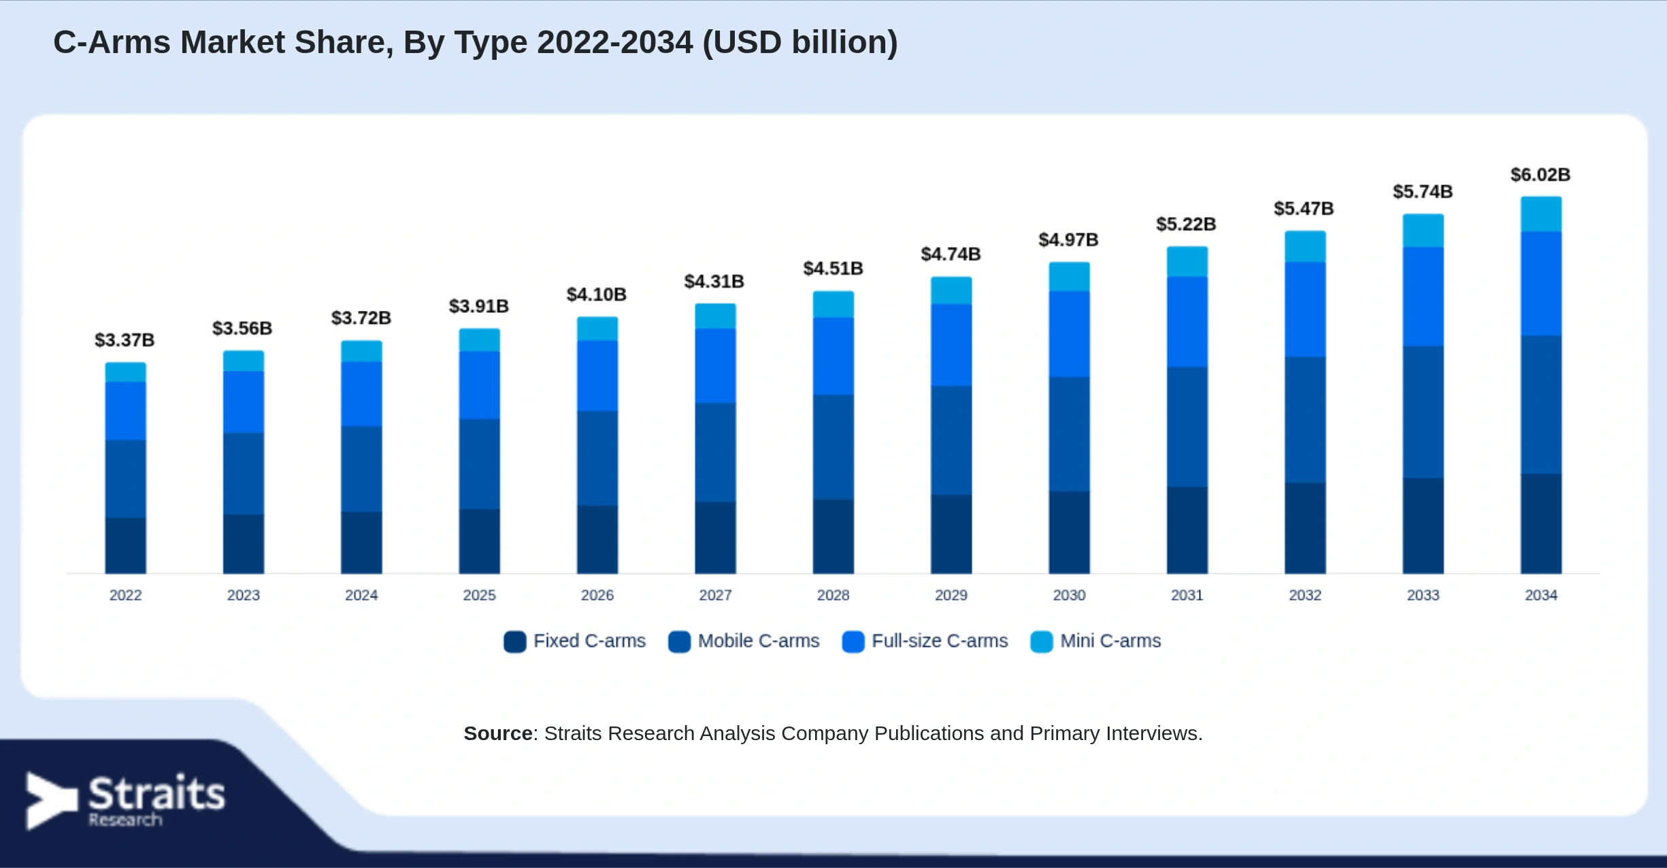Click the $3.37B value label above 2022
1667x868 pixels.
[125, 339]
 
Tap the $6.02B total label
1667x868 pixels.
[1540, 175]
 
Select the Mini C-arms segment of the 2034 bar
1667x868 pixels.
[1541, 214]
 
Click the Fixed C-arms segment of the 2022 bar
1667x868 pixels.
[125, 546]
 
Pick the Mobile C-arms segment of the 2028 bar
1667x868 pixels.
[833, 447]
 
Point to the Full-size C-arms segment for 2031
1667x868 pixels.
[1187, 322]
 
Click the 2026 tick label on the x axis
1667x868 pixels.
[597, 595]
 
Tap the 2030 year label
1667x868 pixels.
[1069, 595]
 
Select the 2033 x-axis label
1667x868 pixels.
[1423, 595]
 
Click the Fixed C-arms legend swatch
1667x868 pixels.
[515, 641]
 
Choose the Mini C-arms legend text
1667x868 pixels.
[1110, 641]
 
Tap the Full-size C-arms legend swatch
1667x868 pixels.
[853, 641]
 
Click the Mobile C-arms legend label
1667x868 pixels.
[759, 641]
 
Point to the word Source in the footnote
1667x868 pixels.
[498, 733]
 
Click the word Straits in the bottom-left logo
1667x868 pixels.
[156, 793]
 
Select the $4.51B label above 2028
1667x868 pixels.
[833, 269]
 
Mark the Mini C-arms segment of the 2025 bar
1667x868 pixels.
[479, 340]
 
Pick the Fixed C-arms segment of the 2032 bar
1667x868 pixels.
[1305, 528]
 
